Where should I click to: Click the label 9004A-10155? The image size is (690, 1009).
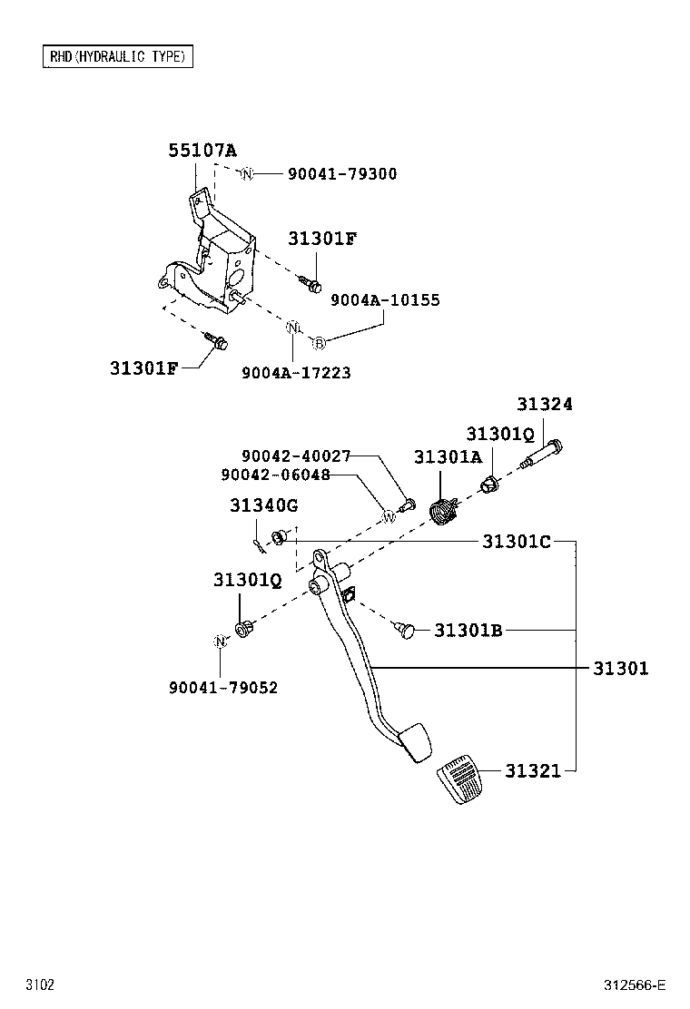point(385,300)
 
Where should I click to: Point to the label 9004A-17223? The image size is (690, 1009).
point(296,372)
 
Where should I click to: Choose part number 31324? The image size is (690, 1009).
point(545,405)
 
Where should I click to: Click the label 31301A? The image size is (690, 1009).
point(448,457)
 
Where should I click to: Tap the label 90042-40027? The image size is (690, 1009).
point(296,456)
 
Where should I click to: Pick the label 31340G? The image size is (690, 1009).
point(263,504)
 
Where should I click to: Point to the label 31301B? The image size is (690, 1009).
point(468,630)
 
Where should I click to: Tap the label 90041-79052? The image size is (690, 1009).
point(223,688)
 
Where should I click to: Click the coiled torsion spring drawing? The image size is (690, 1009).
point(442,512)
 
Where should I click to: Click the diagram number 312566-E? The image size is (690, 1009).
point(636,985)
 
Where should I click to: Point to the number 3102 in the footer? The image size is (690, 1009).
point(40,985)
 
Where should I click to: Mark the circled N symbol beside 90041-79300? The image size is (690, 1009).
point(247,174)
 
